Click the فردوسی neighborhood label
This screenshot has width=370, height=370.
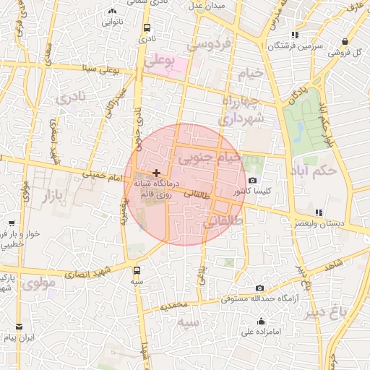[x=209, y=44]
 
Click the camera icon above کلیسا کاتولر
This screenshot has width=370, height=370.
[x=251, y=181]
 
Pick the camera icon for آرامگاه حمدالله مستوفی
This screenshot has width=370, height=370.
[x=259, y=288]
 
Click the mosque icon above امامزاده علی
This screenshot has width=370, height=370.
[x=261, y=322]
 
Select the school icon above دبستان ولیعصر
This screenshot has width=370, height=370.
[x=319, y=212]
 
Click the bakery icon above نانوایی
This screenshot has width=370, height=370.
[x=111, y=12]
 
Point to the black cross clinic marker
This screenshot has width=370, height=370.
[x=156, y=173]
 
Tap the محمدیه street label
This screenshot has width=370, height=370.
[x=178, y=306]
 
